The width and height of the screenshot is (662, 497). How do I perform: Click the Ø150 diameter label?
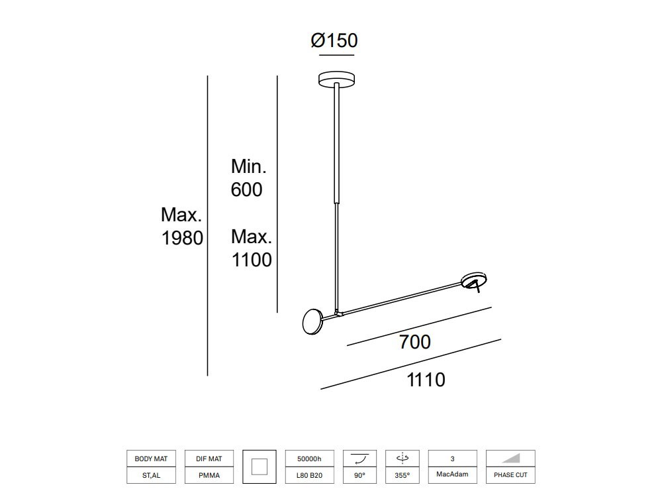[334, 40]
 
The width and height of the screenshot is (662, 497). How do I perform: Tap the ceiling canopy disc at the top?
[336, 79]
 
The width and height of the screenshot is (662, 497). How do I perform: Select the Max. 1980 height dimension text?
[182, 226]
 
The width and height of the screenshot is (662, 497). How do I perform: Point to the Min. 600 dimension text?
[248, 178]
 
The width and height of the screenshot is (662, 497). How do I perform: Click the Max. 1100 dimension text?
[252, 248]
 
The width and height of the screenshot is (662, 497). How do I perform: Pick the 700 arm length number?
[415, 342]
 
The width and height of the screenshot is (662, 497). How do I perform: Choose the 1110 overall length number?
[426, 380]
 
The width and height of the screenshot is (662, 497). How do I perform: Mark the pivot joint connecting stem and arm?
[338, 312]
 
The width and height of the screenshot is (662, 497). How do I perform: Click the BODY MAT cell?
[151, 459]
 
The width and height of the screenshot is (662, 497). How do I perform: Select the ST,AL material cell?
[151, 475]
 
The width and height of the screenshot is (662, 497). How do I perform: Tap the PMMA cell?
[209, 475]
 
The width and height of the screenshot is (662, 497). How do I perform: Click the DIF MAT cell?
[209, 459]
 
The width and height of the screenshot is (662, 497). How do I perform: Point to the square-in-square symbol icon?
[260, 467]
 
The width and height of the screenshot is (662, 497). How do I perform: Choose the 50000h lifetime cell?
[308, 459]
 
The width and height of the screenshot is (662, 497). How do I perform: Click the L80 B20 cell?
[308, 475]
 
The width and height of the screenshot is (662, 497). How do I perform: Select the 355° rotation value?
[402, 475]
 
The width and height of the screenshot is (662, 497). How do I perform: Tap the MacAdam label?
[452, 474]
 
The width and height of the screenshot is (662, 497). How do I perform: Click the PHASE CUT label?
[510, 475]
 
